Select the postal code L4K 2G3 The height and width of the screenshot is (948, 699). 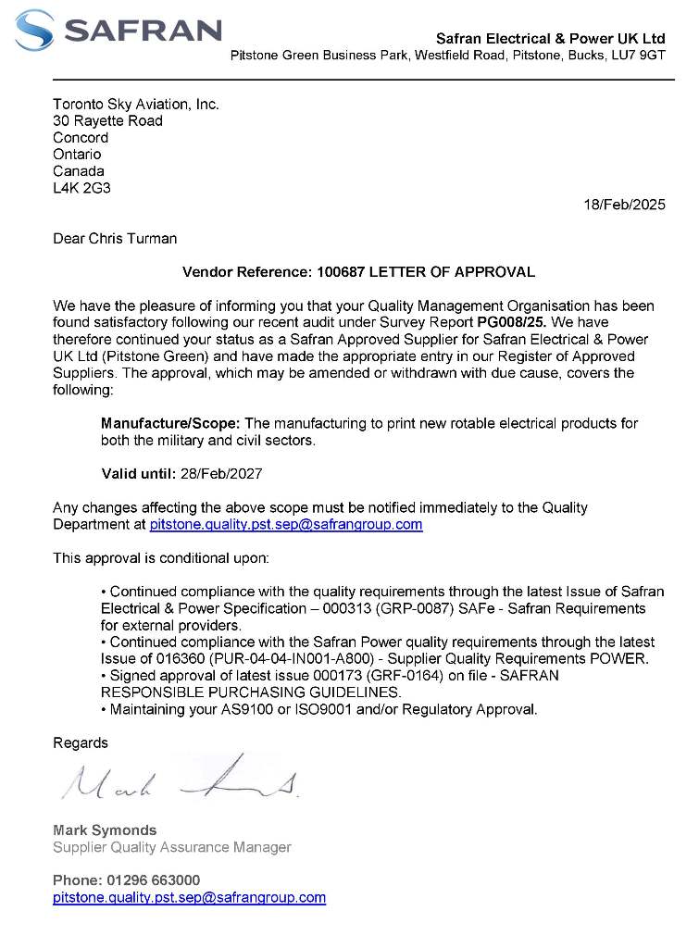pyautogui.click(x=81, y=188)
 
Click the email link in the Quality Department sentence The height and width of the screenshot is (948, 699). pyautogui.click(x=286, y=524)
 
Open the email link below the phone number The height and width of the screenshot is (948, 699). pyautogui.click(x=189, y=897)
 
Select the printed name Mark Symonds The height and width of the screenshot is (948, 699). pyautogui.click(x=105, y=829)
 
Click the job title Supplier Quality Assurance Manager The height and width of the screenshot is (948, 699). pyautogui.click(x=172, y=846)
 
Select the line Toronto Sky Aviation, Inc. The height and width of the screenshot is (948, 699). pyautogui.click(x=136, y=105)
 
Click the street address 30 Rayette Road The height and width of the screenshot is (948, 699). pyautogui.click(x=107, y=121)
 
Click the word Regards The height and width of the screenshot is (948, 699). pyautogui.click(x=81, y=742)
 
